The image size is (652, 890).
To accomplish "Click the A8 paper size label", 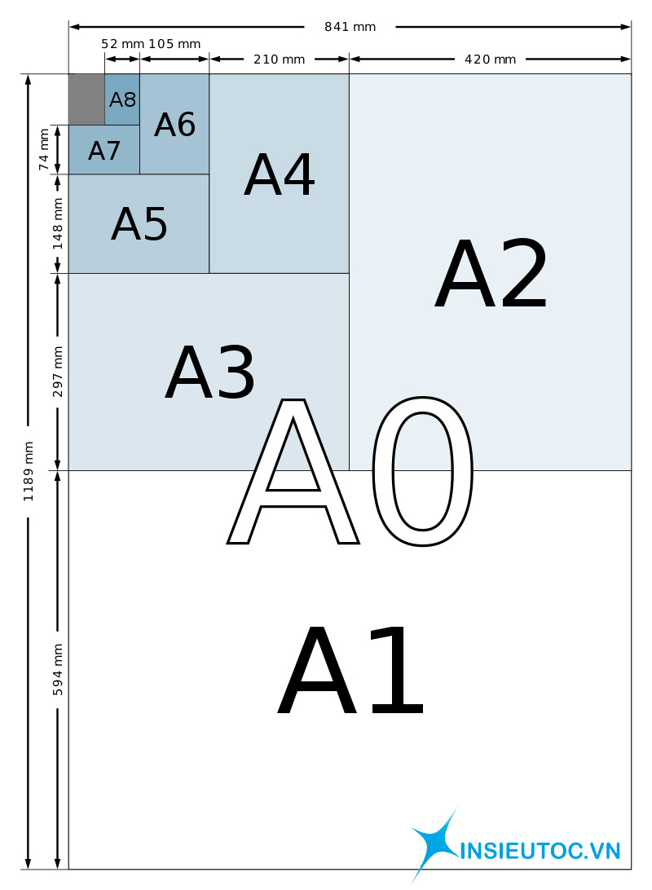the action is coord(122,99).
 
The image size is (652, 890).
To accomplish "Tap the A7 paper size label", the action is coord(104,151).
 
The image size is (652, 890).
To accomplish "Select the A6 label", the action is coord(174,125).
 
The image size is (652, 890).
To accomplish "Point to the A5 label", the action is coord(139,223).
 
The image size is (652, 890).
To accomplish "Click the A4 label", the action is coord(280,174).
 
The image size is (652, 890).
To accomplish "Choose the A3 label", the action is coord(210,372).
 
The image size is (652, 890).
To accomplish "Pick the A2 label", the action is coord(491,274).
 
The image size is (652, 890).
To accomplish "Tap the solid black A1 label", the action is coord(350,670).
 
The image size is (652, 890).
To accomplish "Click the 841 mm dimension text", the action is coord(350,27).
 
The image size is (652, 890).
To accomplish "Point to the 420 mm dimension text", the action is coord(491,59).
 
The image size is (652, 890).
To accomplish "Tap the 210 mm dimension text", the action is coord(280,59).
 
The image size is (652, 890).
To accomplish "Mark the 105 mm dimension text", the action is coord(174,44).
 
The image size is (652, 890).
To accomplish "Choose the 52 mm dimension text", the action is coord(122,44).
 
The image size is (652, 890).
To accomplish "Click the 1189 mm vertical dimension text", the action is coord(28,472).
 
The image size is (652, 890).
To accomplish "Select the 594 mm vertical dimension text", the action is coord(57,670).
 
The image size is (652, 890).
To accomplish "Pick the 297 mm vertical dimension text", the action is coord(57,372).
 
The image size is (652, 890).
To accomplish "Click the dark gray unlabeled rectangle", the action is coord(86,99).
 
